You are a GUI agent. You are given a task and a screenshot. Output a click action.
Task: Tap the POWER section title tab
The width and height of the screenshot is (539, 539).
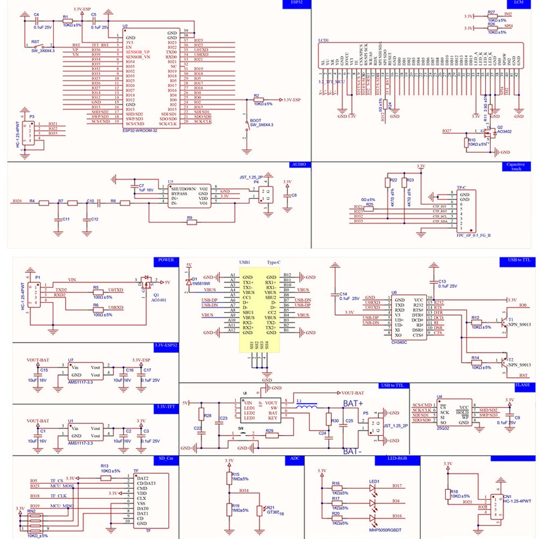point(166,261)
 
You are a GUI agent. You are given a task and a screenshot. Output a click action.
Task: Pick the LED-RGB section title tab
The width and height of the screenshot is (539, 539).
point(397,459)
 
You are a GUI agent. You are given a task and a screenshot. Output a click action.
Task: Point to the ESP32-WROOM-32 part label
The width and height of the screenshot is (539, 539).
point(143,131)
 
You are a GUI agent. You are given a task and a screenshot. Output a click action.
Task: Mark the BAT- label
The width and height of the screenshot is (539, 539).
point(352,451)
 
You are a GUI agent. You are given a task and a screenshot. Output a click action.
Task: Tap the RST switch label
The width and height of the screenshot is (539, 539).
point(35,42)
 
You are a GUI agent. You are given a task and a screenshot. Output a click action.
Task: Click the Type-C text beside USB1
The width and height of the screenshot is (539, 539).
point(273,262)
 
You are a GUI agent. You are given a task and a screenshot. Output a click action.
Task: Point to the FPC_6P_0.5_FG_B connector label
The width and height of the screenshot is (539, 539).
point(474,235)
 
